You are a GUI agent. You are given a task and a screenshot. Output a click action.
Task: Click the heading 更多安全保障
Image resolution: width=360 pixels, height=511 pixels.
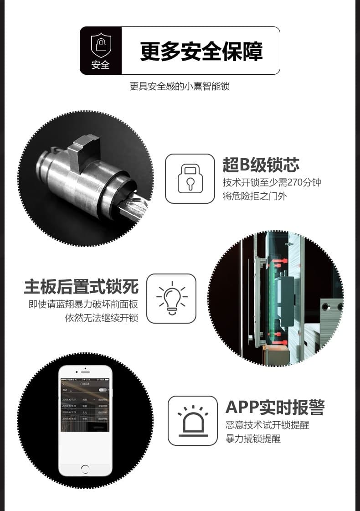[201, 51]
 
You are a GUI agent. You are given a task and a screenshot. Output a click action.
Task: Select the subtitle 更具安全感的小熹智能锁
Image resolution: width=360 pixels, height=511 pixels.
[180, 86]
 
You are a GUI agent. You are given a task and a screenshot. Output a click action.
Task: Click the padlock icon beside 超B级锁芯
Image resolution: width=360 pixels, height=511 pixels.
[190, 178]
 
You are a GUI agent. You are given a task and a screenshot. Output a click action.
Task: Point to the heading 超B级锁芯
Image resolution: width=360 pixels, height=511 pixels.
[261, 165]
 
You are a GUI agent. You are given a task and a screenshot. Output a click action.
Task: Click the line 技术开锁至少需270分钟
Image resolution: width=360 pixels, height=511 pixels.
[272, 183]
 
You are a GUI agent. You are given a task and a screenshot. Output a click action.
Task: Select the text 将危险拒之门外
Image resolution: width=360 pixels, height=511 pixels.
[255, 197]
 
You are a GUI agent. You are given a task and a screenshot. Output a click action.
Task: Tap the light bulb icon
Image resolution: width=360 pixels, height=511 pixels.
[171, 298]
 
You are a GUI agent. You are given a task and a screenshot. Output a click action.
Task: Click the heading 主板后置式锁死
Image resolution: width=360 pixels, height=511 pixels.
[81, 288]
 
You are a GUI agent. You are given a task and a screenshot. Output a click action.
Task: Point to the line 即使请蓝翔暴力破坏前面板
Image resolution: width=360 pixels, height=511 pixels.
[83, 305]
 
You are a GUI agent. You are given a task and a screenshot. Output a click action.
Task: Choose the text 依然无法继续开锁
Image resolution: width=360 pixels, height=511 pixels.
[102, 318]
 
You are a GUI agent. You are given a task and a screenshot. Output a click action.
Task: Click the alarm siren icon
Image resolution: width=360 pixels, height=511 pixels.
[192, 420]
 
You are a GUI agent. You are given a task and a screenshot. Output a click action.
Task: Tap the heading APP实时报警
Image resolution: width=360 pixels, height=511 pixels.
[275, 407]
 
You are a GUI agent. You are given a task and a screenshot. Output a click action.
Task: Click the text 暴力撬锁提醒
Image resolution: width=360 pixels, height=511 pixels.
[253, 439]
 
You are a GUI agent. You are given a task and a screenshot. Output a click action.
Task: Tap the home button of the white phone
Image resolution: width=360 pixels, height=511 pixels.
[85, 469]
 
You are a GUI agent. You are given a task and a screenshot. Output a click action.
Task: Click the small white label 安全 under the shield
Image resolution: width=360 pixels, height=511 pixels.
[100, 65]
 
